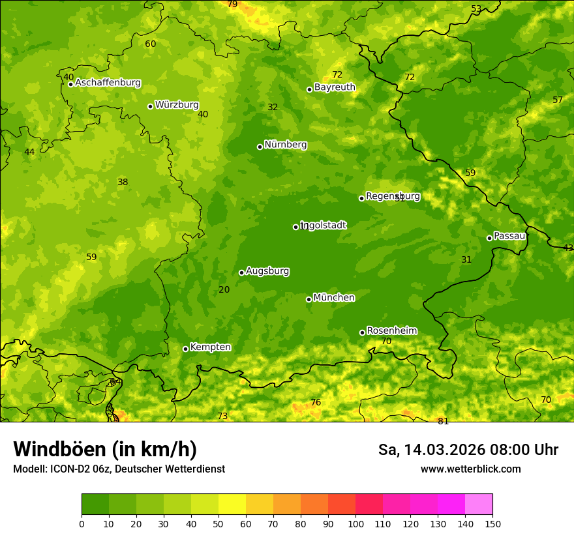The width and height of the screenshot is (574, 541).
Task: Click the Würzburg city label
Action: pos(177,105)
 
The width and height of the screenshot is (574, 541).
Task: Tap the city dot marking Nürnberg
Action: pos(260,147)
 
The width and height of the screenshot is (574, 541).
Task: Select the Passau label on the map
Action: pos(509,236)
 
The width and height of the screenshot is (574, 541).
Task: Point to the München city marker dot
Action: pos(309,299)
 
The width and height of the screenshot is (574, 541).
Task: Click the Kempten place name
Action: pos(210,347)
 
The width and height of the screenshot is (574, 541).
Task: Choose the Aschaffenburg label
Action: pos(108,83)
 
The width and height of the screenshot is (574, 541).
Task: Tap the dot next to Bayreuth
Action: pos(310,89)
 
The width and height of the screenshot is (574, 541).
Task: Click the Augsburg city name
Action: pos(267,271)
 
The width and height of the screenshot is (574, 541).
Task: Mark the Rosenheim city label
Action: pos(391,331)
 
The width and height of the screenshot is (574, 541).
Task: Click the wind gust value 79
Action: pos(232,5)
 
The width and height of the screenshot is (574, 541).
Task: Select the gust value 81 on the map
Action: pos(443,421)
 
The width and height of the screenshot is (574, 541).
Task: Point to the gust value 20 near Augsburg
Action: pos(224,289)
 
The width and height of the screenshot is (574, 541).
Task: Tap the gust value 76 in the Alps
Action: pos(316,403)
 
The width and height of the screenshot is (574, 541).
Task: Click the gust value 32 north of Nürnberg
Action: pos(273,107)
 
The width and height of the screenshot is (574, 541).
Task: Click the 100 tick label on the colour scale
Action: pos(355,523)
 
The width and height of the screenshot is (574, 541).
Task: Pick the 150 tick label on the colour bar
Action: pos(492,523)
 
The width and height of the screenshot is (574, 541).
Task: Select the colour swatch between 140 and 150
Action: pos(479,504)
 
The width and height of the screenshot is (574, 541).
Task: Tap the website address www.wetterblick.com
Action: pos(470,469)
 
